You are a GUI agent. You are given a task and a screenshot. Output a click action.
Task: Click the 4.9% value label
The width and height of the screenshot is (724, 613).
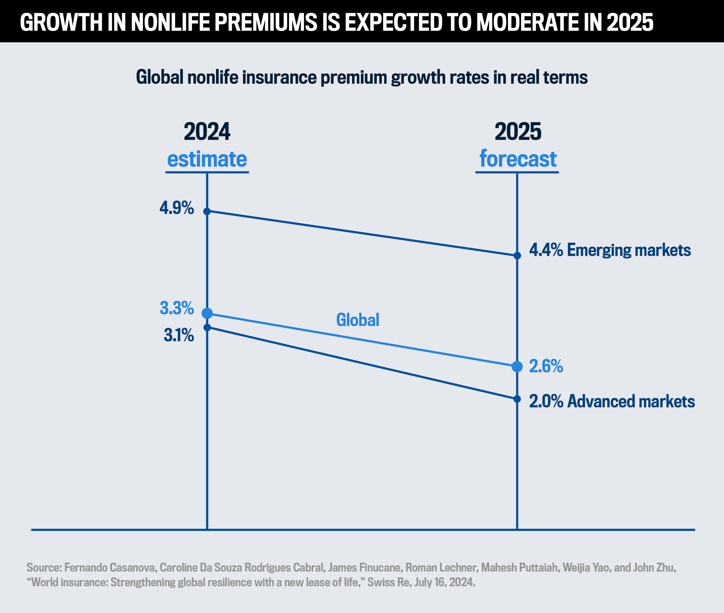click(176, 208)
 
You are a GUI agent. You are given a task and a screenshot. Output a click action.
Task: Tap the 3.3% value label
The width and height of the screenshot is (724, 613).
click(176, 308)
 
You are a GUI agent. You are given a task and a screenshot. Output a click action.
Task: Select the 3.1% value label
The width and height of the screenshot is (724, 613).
click(179, 335)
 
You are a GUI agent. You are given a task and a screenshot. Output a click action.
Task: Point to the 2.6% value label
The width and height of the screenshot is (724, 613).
click(546, 366)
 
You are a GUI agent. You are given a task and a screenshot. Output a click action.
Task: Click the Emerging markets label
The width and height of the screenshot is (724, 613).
click(629, 250)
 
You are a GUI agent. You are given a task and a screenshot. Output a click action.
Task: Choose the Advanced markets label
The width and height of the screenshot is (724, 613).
click(631, 401)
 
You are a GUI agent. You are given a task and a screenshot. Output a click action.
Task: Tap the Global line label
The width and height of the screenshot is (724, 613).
click(357, 320)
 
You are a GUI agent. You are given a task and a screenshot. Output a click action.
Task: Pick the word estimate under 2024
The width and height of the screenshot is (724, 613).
click(207, 159)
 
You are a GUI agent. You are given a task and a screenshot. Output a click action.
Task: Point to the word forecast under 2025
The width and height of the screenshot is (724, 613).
click(518, 159)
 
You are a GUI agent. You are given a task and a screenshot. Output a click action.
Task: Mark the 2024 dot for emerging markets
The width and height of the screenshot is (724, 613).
click(207, 211)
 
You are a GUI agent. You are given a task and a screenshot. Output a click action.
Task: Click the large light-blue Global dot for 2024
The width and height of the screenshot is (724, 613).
click(207, 313)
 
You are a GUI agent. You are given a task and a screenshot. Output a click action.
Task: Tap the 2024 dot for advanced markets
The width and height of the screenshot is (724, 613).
click(207, 327)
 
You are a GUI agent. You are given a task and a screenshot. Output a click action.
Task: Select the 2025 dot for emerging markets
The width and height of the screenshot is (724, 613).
click(517, 256)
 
